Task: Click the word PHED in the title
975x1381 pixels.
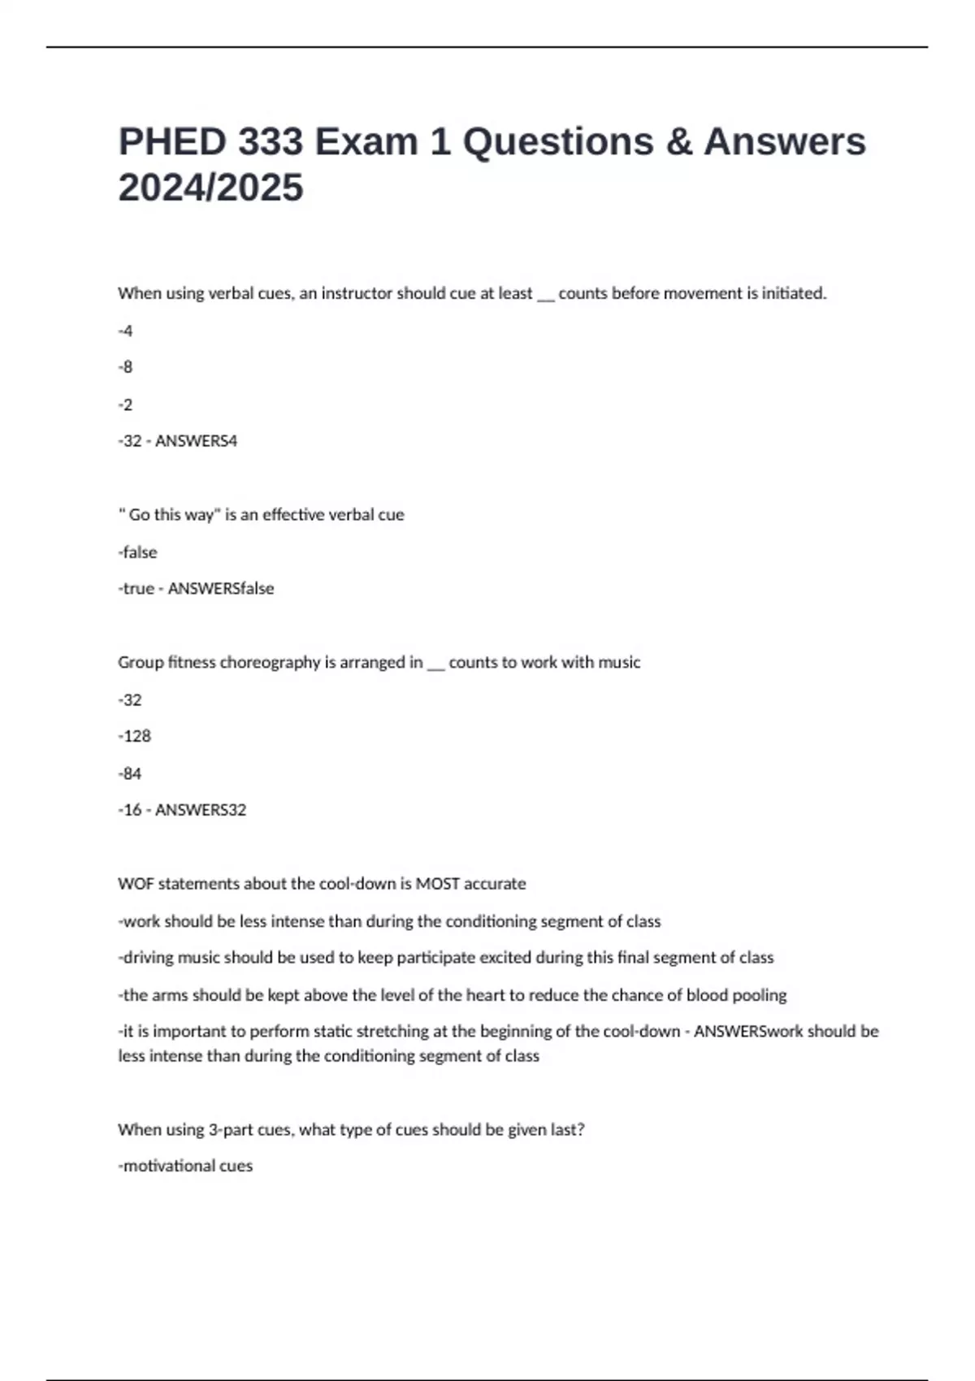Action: [x=171, y=142]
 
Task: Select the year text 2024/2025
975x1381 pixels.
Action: [x=210, y=188]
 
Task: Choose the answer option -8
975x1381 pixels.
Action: [x=125, y=367]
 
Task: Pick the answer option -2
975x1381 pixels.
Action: [x=125, y=405]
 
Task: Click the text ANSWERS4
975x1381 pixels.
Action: [x=196, y=441]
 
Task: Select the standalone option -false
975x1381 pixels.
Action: [x=138, y=552]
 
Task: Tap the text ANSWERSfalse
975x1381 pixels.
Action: [x=220, y=589]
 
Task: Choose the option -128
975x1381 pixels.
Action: [x=135, y=736]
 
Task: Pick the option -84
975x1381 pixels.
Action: [x=130, y=773]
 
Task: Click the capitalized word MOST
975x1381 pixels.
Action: [x=437, y=884]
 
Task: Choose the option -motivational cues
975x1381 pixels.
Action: [x=186, y=1167]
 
